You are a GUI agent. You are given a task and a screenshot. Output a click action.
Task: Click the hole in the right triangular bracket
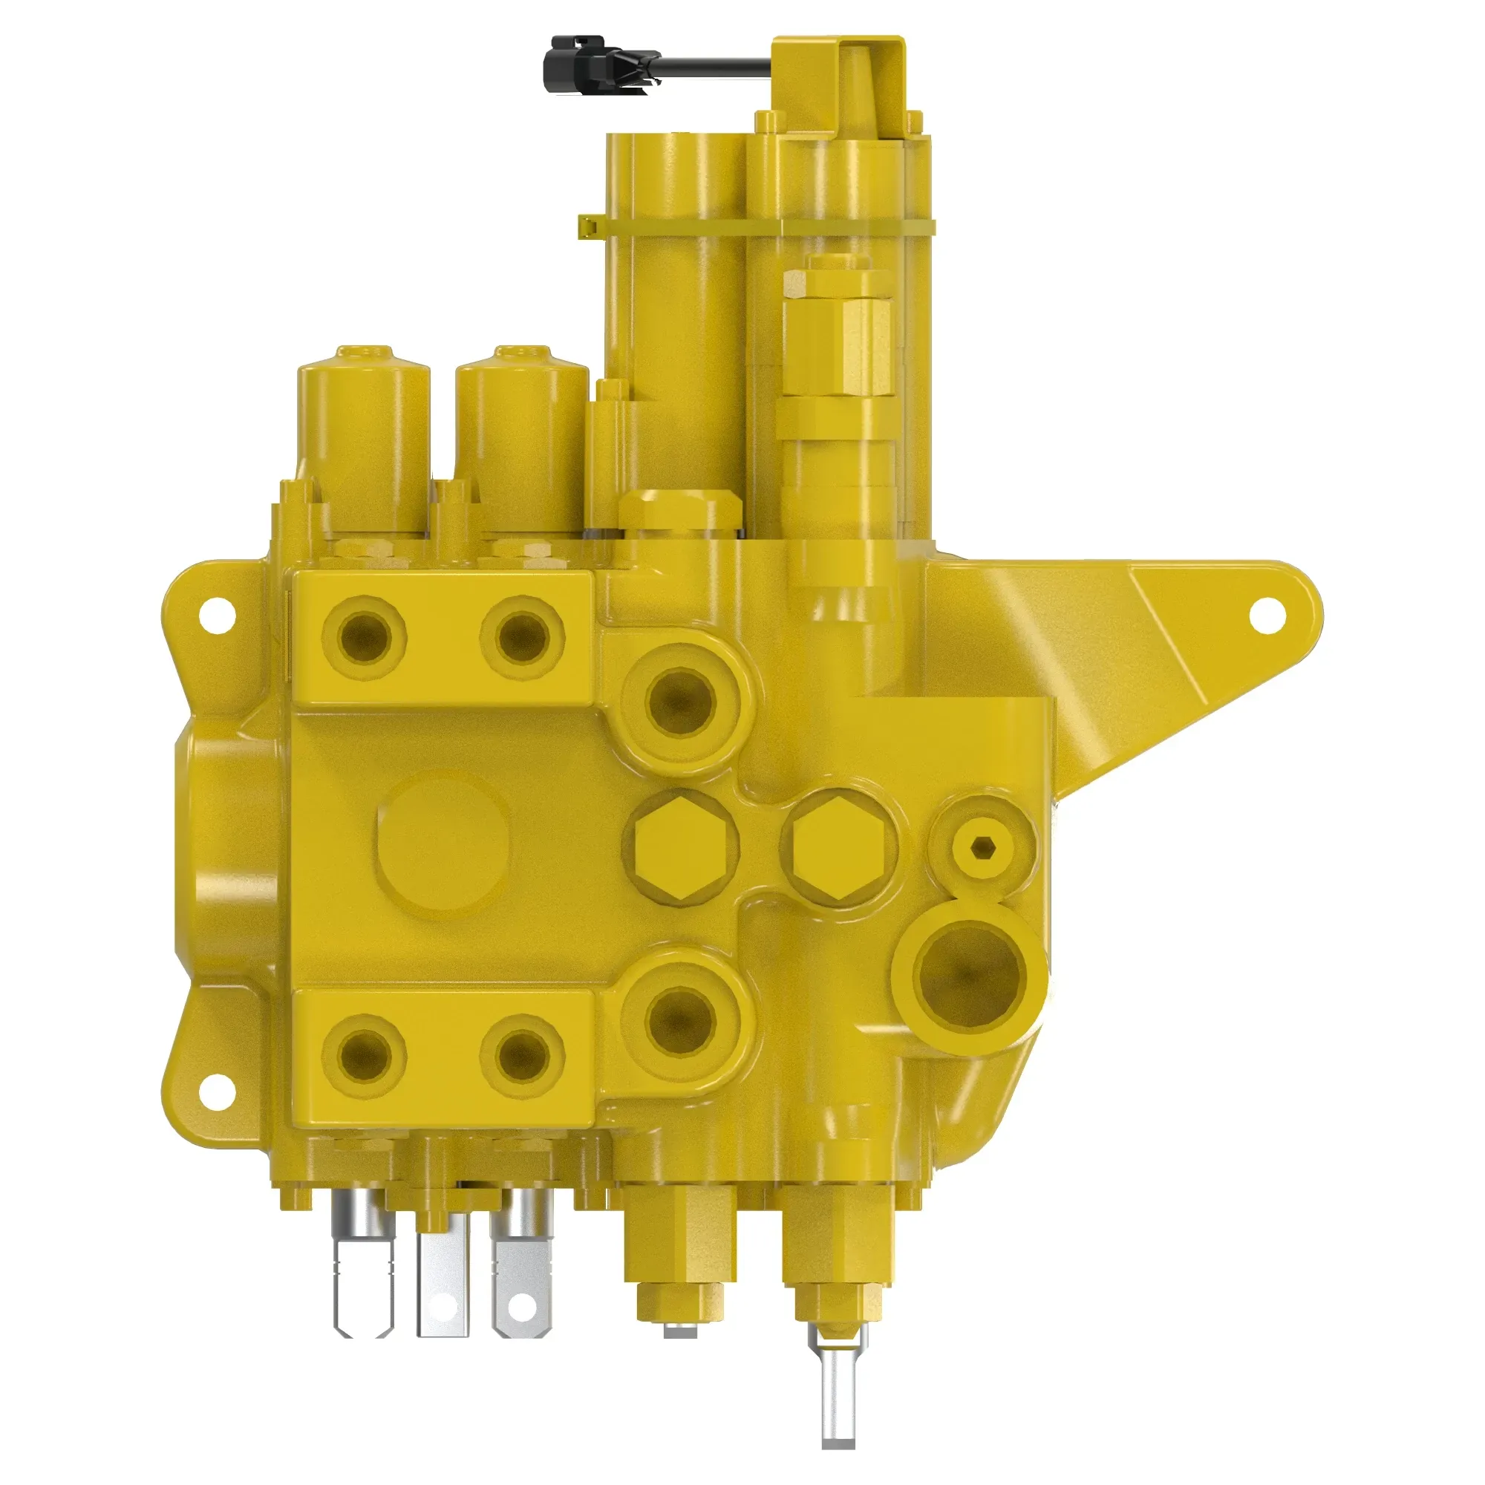click(x=1267, y=616)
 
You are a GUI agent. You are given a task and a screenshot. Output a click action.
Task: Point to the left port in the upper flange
click(x=365, y=636)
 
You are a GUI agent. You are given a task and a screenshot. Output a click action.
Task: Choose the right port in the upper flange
click(x=522, y=636)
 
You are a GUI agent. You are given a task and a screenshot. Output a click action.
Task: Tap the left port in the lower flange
click(x=365, y=1054)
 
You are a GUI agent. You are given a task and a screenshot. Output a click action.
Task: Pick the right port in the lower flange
click(x=522, y=1054)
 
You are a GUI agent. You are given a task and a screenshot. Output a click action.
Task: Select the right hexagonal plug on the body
click(x=838, y=846)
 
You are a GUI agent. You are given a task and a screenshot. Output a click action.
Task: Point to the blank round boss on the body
click(x=443, y=845)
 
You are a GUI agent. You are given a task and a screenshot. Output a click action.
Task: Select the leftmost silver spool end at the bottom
click(x=363, y=1268)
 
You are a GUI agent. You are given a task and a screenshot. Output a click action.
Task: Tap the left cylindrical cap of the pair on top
click(x=363, y=438)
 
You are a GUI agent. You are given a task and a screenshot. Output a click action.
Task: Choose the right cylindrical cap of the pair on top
click(x=521, y=438)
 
